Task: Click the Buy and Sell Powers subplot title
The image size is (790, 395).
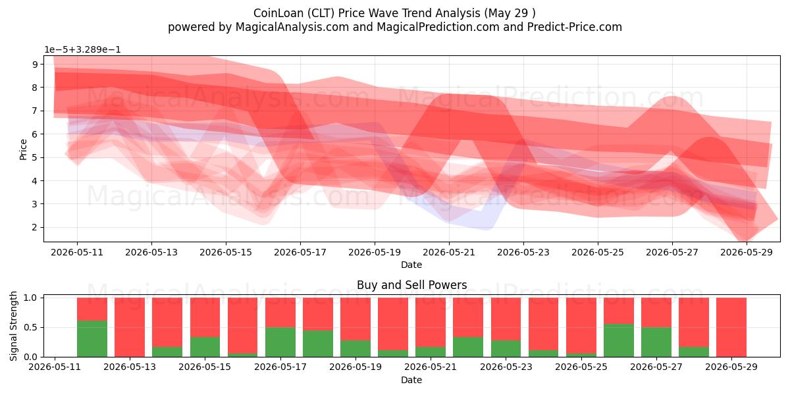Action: (411, 285)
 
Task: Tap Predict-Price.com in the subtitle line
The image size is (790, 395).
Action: (574, 27)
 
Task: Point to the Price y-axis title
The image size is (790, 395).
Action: (23, 149)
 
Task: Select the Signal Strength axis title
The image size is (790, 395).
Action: (13, 326)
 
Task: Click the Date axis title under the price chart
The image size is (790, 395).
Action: (411, 265)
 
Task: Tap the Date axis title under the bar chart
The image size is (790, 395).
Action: (411, 380)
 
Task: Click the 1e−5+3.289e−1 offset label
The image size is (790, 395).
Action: (82, 50)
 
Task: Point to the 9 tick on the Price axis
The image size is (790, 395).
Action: (34, 65)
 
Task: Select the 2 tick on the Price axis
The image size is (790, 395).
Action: (34, 227)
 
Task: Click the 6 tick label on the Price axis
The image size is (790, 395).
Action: (34, 134)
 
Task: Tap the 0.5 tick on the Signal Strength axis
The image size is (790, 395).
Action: (30, 327)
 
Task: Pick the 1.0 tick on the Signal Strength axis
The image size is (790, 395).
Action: (30, 298)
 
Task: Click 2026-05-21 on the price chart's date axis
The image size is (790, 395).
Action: (449, 253)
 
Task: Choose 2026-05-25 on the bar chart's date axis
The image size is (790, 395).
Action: (581, 367)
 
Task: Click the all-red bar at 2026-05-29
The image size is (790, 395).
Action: (731, 327)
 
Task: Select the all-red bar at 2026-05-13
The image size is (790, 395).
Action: (130, 327)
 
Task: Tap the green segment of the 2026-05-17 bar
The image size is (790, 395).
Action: (280, 342)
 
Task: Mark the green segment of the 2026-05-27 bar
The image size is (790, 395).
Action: (656, 342)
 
